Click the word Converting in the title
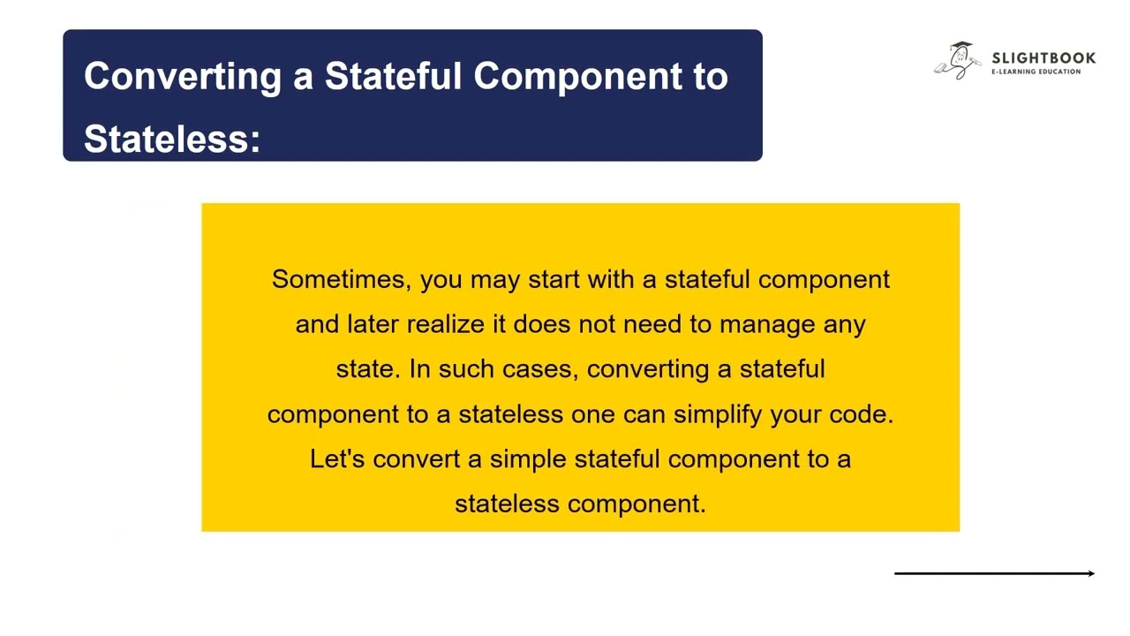[x=181, y=77]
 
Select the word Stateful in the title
[x=394, y=77]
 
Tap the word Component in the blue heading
[x=569, y=77]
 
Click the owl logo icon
[x=957, y=61]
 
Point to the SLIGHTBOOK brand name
[x=1043, y=57]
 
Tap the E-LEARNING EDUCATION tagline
[x=1036, y=72]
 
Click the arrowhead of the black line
[x=1091, y=573]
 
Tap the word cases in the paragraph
[x=540, y=369]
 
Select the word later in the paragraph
[x=373, y=324]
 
